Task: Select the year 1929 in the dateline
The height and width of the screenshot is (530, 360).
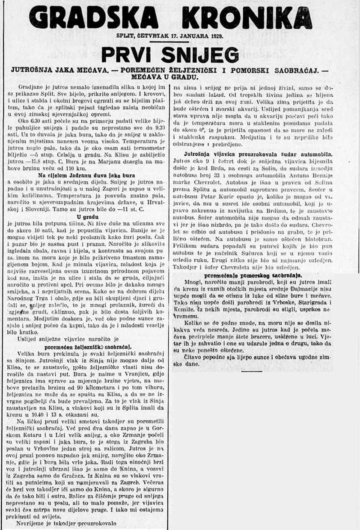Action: pyautogui.click(x=215, y=36)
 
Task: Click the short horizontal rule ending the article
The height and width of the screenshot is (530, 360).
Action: pyautogui.click(x=252, y=371)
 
